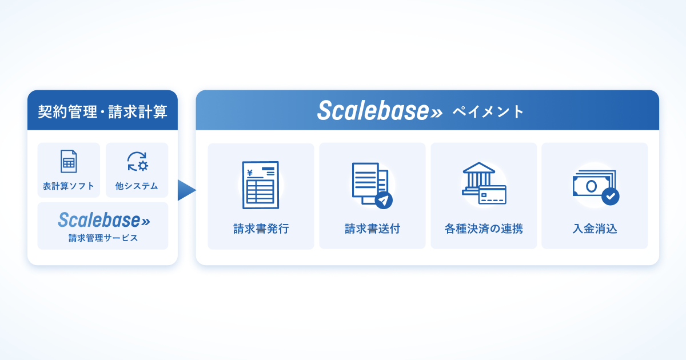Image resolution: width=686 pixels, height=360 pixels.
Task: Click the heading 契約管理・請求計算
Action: click(x=102, y=111)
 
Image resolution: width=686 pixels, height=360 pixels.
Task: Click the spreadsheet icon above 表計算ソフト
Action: click(x=69, y=161)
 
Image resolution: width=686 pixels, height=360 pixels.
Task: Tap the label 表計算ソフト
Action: click(x=69, y=186)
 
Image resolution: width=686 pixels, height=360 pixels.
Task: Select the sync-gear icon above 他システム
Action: click(x=137, y=161)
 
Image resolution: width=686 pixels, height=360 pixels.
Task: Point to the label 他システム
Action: click(x=137, y=186)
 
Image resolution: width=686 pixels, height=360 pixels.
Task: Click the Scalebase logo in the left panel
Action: click(x=103, y=220)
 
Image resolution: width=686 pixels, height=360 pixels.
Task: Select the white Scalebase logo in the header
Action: click(x=380, y=111)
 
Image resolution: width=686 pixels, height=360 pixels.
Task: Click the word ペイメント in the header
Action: click(x=488, y=111)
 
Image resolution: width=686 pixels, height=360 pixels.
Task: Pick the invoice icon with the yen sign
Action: click(x=261, y=185)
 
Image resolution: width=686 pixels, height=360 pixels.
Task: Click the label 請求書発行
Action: click(x=261, y=229)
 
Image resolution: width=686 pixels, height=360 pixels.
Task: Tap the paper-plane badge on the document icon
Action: click(x=384, y=200)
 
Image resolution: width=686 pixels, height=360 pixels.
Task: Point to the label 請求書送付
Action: click(x=372, y=229)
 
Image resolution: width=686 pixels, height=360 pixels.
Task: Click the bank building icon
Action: click(x=478, y=177)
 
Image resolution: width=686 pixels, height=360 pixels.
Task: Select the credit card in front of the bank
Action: click(x=492, y=194)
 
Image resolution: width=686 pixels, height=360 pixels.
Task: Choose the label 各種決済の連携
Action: click(x=484, y=229)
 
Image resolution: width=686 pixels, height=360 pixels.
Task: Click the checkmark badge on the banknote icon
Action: click(x=610, y=196)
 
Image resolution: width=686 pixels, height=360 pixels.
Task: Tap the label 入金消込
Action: click(x=595, y=229)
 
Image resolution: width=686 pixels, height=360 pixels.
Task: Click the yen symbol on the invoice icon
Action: click(x=250, y=171)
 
